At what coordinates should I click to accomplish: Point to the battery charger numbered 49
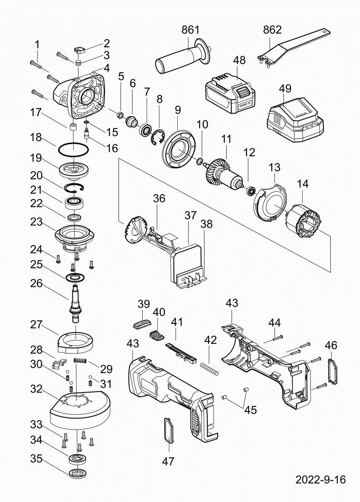[x=295, y=121]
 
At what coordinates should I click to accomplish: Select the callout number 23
[x=36, y=222]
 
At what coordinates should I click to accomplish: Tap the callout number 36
[x=159, y=198]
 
